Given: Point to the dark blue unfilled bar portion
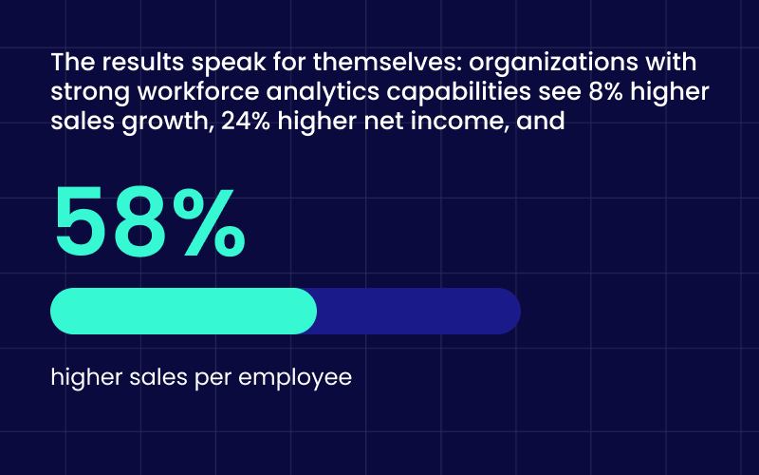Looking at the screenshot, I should [x=417, y=311].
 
